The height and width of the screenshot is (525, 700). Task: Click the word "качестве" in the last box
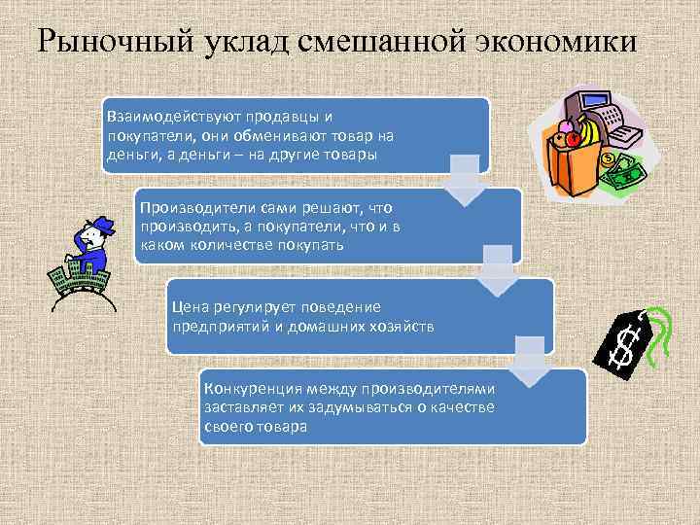point(462,408)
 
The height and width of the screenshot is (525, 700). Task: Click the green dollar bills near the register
point(622,175)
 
